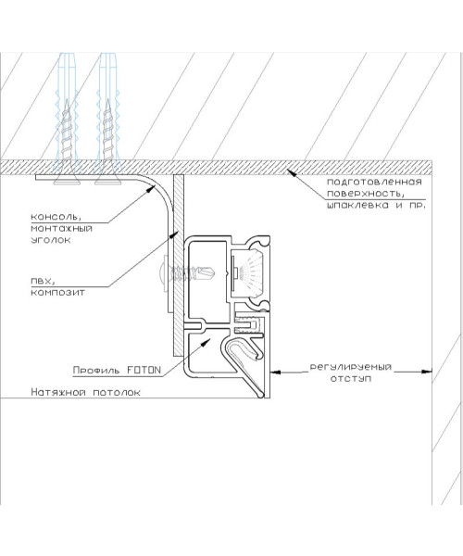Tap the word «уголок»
pyautogui.click(x=51, y=240)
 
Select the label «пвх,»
pyautogui.click(x=44, y=281)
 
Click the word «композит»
pyautogui.click(x=57, y=293)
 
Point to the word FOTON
pyautogui.click(x=144, y=370)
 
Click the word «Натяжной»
pyautogui.click(x=58, y=392)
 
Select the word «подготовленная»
pyautogui.click(x=374, y=183)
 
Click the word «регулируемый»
pyautogui.click(x=351, y=367)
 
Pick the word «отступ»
pyautogui.click(x=351, y=378)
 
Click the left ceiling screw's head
pyautogui.click(x=67, y=181)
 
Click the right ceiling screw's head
pyautogui.click(x=108, y=181)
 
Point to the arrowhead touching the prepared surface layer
pyautogui.click(x=291, y=172)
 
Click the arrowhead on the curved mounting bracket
pyautogui.click(x=150, y=188)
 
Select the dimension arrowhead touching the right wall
pyautogui.click(x=427, y=372)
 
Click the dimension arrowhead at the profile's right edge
pyautogui.click(x=276, y=372)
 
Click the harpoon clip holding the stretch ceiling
pyautogui.click(x=244, y=365)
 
